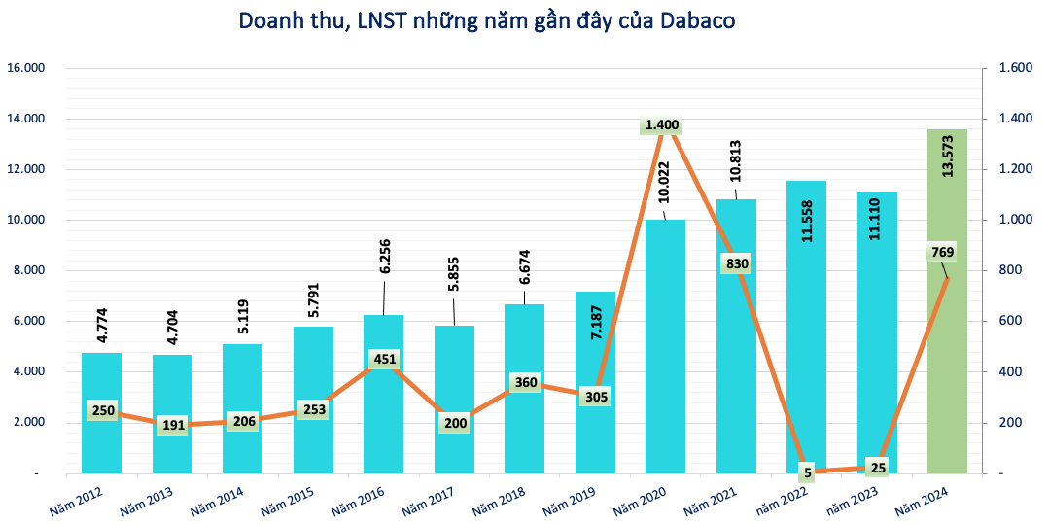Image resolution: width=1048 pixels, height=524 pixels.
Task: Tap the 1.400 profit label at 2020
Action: (x=662, y=125)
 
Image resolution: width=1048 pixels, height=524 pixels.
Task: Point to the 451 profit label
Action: (x=384, y=359)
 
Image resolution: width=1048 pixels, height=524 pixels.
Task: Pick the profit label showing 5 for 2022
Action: (x=807, y=473)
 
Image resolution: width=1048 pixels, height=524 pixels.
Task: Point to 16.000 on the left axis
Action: (x=26, y=69)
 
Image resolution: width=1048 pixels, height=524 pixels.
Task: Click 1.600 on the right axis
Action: (x=1010, y=69)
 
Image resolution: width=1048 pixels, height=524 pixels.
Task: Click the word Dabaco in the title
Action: (x=698, y=20)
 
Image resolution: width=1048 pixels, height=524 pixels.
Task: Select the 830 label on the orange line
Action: (x=735, y=263)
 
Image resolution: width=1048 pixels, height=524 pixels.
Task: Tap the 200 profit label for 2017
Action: (x=454, y=423)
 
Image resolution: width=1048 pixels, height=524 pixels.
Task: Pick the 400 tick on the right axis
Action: (x=1008, y=371)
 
